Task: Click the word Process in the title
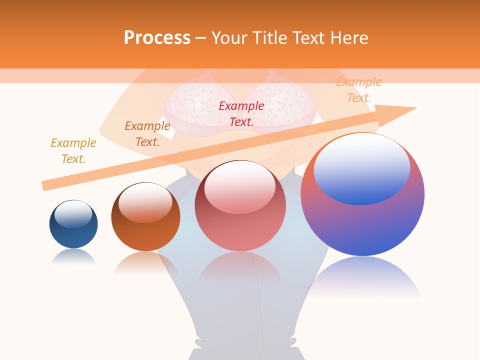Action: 157,38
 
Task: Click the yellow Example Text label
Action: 73,151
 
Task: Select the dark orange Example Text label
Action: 147,134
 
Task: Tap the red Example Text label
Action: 241,113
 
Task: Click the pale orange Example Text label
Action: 359,90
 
